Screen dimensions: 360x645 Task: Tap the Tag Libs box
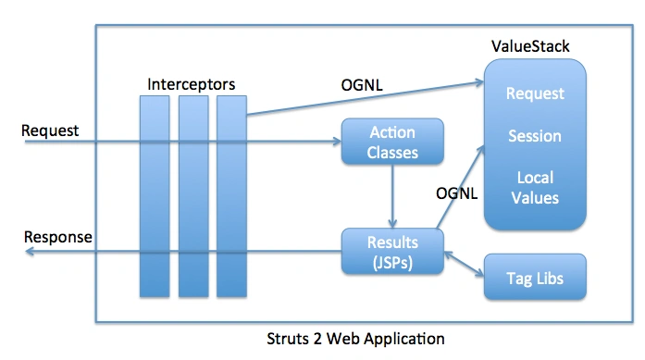[x=535, y=278]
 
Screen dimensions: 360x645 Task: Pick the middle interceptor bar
[x=192, y=193]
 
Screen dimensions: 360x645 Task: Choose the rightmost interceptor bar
[x=229, y=193]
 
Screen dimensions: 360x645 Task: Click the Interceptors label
[x=192, y=84]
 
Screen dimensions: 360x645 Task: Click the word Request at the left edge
[x=50, y=130]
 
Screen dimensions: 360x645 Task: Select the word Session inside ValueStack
[x=535, y=136]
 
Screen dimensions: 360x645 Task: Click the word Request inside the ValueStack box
[x=535, y=93]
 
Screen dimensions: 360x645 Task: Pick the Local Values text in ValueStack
[x=535, y=187]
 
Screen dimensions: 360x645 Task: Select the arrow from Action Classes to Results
[x=394, y=195]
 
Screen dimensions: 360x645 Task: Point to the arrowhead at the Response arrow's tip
[x=29, y=252]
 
